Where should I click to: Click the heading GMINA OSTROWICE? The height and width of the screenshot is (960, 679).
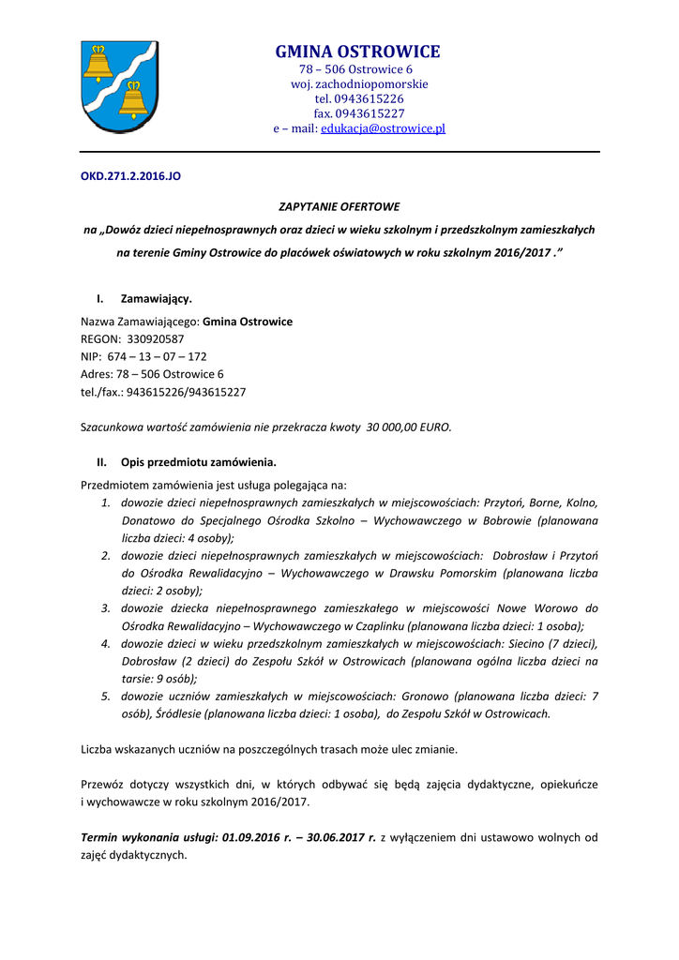356,52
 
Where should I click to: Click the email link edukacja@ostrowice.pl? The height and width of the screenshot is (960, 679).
383,128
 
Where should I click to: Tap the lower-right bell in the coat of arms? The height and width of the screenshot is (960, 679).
133,99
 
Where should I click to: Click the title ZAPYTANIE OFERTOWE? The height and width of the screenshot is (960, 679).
339,205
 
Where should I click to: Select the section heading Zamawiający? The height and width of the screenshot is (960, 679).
156,299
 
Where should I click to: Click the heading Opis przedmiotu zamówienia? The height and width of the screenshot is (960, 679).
198,462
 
